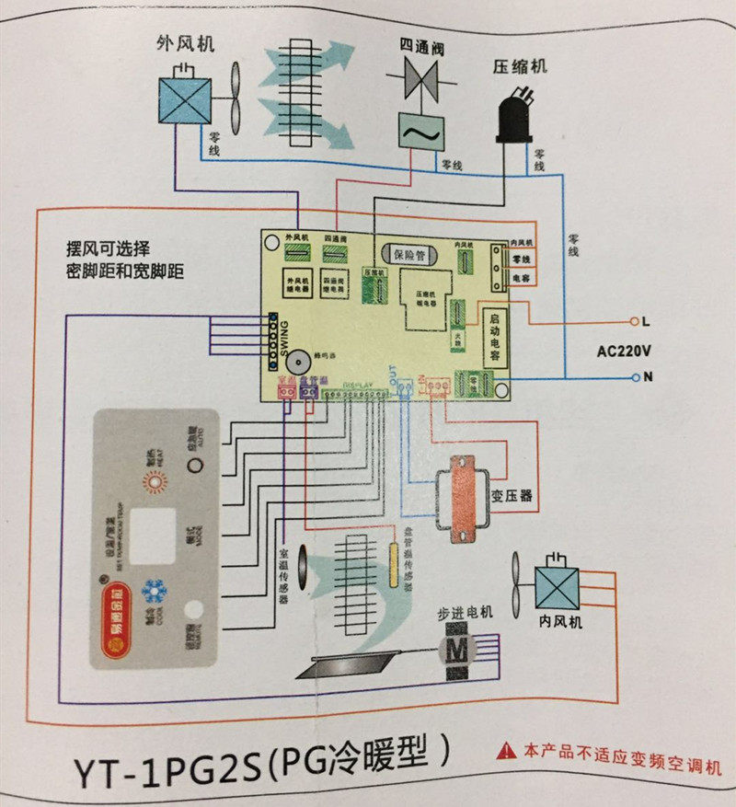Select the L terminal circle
pos(633,321)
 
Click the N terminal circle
pos(633,376)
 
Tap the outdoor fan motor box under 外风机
pos(187,98)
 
